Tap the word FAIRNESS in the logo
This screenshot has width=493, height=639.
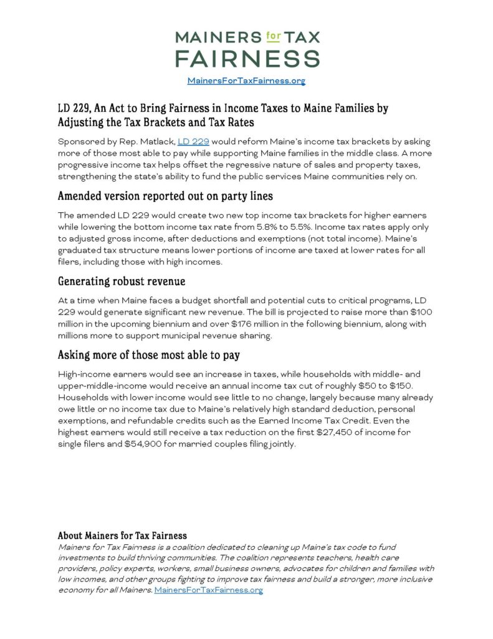pos(247,58)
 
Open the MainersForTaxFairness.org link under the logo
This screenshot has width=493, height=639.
pos(246,80)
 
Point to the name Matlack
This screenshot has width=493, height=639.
pos(155,142)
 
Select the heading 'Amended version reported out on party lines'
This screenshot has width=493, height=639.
pos(165,196)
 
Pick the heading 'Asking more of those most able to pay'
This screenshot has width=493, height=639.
pos(149,355)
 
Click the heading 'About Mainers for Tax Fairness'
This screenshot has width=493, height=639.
pos(122,535)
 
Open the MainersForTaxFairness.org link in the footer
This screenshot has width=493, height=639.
pos(208,590)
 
